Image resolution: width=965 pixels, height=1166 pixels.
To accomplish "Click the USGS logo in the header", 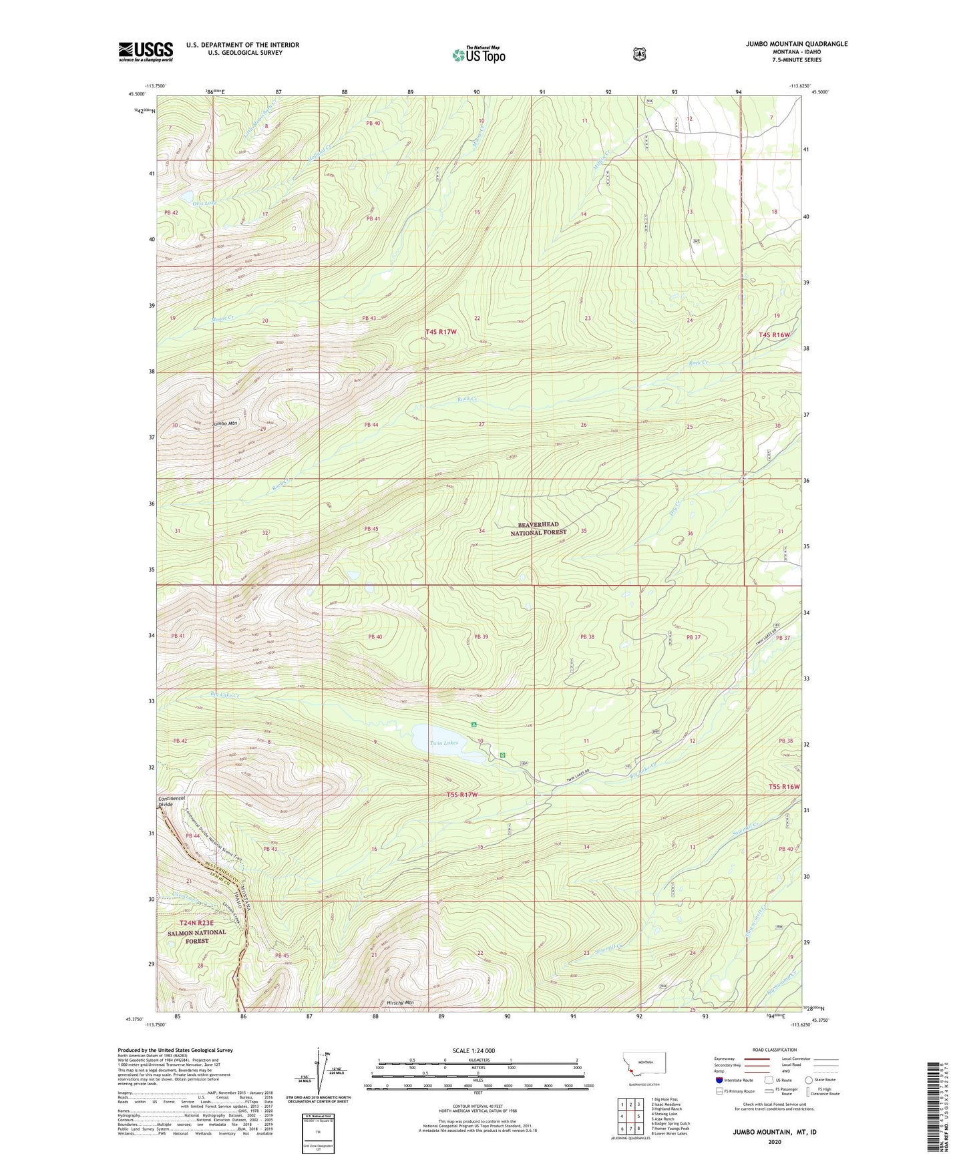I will click(x=146, y=51).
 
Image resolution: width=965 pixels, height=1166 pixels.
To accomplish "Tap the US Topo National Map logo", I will click(x=478, y=54).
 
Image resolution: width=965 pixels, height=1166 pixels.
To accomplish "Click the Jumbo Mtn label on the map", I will click(x=224, y=423).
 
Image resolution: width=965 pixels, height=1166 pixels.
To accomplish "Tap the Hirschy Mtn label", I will click(x=400, y=1002).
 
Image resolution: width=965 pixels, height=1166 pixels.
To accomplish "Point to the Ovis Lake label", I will click(x=205, y=202).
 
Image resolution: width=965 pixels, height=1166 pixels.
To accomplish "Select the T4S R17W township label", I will click(x=441, y=331).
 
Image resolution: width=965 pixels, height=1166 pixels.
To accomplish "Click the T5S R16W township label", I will click(x=784, y=787).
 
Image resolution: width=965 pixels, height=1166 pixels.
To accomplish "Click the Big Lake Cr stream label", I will click(x=206, y=695).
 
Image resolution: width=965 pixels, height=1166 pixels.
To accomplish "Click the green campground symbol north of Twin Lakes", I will click(x=473, y=725).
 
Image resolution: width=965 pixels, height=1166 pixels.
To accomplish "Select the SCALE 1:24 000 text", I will click(x=473, y=1050).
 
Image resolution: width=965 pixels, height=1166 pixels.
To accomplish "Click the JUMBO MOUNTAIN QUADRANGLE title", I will click(x=797, y=44).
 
